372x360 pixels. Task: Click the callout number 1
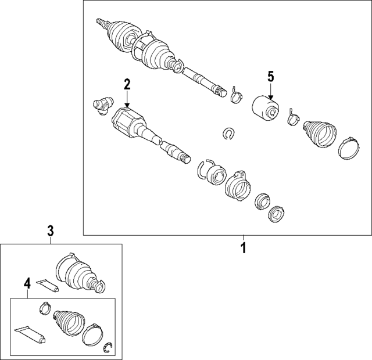(x=244, y=248)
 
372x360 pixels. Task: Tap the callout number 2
(x=127, y=85)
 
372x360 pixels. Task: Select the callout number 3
(x=51, y=231)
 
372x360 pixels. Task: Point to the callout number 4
(x=27, y=283)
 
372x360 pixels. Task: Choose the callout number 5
(x=271, y=77)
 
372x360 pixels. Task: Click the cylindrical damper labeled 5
(x=265, y=108)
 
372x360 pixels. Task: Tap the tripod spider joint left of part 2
(x=103, y=105)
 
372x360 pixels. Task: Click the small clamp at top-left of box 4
(x=45, y=308)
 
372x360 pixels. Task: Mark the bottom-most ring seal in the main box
(x=276, y=214)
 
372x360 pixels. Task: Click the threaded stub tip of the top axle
(x=99, y=21)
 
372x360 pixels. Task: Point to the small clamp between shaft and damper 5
(x=236, y=95)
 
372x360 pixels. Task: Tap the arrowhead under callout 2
(x=127, y=106)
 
